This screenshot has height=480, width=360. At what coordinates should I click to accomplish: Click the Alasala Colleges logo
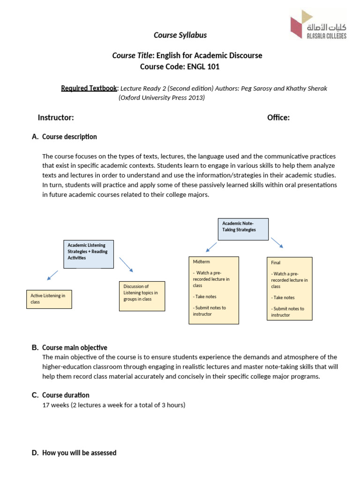pos(318,24)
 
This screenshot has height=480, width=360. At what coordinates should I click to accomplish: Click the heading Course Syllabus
pos(180,35)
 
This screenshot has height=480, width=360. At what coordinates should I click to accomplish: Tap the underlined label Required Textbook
pos(90,88)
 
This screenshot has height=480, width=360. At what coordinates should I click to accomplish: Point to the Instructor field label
pos(55,117)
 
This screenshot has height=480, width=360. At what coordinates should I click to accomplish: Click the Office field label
pos(278,117)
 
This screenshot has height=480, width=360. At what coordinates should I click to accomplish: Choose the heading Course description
pos(69,137)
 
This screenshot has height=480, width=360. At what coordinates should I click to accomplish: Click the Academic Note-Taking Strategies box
pos(243,228)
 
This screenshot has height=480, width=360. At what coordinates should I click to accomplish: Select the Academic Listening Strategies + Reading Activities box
pos(89,254)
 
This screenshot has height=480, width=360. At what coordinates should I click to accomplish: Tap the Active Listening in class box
pos(49,299)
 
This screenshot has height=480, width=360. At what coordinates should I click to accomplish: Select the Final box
pos(289,288)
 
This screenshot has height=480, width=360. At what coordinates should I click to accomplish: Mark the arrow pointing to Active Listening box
pos(52,275)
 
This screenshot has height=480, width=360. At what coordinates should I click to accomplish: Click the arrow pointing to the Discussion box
pos(127,264)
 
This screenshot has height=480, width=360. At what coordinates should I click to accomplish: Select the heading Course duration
pos(66,395)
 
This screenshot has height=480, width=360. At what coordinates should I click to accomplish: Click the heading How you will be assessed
pos(79,453)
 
